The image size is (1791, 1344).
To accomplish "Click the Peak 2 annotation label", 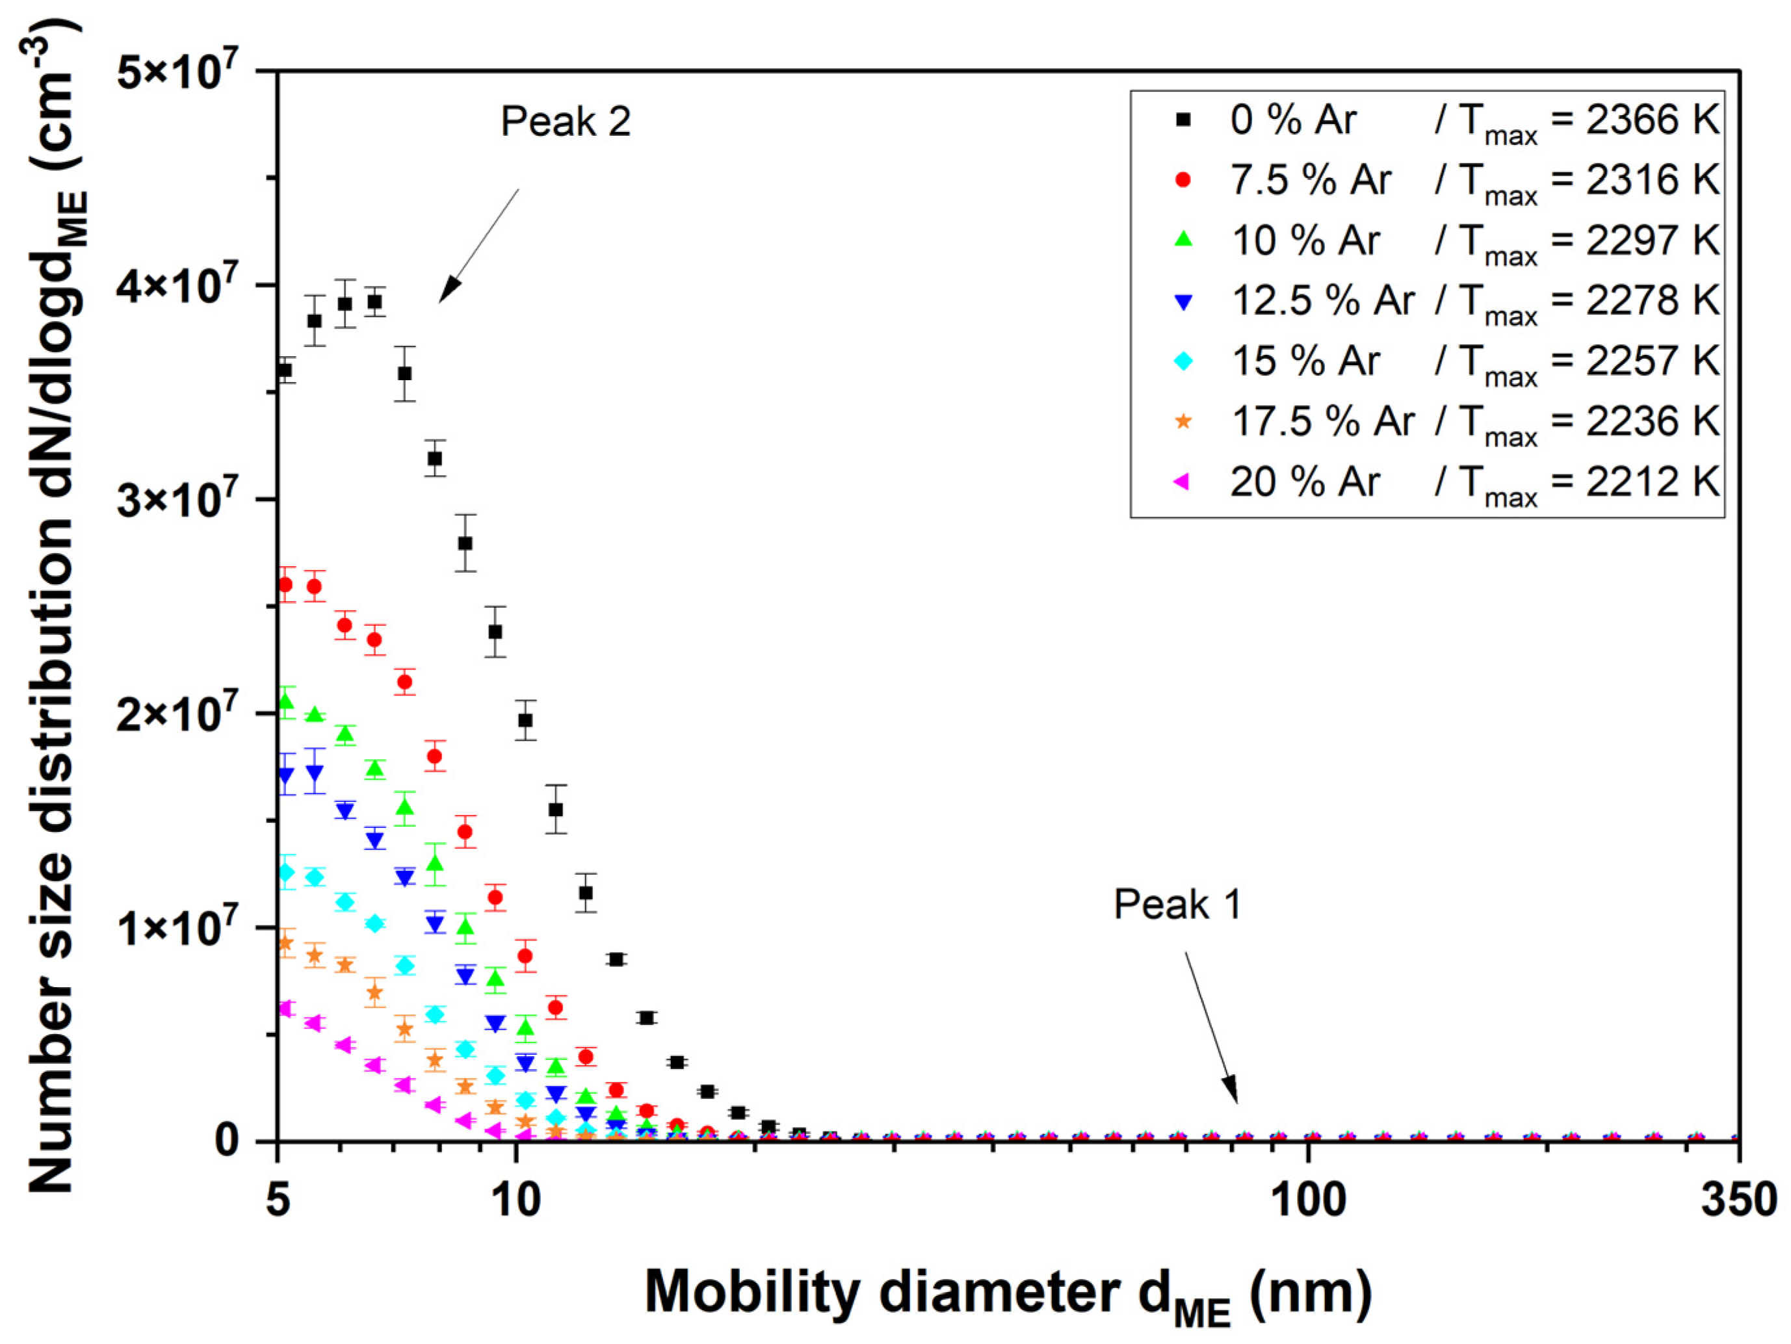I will click(565, 122).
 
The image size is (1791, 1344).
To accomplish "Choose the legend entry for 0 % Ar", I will click(1292, 120).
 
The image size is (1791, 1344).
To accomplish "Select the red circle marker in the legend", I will click(1183, 180).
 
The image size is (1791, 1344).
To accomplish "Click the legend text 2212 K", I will click(1652, 482).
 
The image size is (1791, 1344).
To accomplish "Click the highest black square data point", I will click(374, 302).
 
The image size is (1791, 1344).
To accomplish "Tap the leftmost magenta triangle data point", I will click(284, 1009).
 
